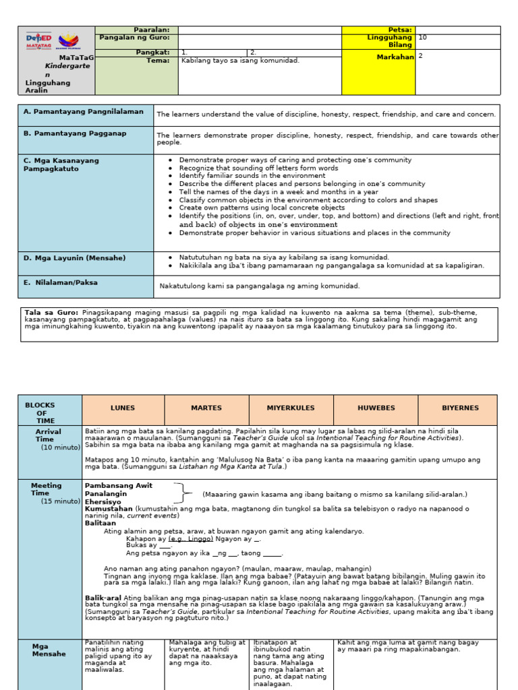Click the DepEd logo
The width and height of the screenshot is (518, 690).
click(38, 41)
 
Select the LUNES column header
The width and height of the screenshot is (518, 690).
click(123, 408)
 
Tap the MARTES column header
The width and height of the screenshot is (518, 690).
click(206, 408)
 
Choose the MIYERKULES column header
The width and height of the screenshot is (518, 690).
click(291, 408)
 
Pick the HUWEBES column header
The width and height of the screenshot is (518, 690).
click(375, 408)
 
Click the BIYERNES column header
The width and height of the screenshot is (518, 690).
click(460, 408)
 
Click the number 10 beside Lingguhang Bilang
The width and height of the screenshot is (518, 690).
click(423, 38)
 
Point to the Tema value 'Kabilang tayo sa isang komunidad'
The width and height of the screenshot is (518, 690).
click(240, 60)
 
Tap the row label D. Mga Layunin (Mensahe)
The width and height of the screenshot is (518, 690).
click(74, 258)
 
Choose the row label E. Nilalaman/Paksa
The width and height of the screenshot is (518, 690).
click(61, 283)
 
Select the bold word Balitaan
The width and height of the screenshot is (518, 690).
click(100, 523)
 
